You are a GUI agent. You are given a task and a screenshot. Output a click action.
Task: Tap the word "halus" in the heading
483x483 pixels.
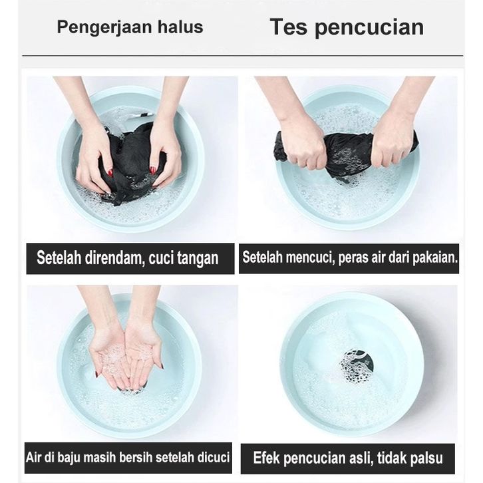tap(180, 27)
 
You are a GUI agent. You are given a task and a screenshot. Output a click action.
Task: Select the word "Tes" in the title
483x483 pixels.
tap(289, 27)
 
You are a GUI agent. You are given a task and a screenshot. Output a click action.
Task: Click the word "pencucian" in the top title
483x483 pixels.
tap(369, 28)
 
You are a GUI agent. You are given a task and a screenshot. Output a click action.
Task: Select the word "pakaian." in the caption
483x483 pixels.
tap(435, 257)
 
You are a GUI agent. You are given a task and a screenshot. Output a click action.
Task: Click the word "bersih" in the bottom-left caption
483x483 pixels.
tap(136, 458)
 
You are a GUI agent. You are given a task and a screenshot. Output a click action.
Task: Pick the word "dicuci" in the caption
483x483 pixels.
tap(214, 458)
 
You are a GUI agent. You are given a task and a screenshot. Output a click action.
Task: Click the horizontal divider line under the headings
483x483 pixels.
tap(242, 56)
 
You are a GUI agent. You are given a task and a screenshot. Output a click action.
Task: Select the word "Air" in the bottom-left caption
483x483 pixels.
tap(33, 458)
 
